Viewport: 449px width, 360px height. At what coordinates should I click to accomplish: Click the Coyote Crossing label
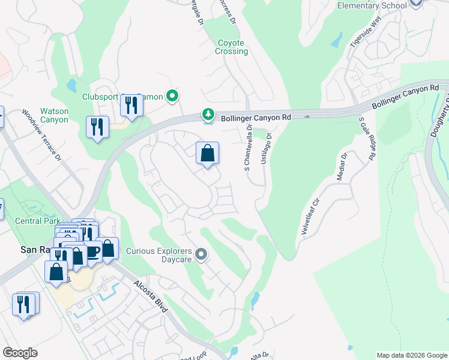[x=231, y=47]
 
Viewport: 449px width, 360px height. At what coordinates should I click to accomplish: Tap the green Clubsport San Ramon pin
[x=172, y=96]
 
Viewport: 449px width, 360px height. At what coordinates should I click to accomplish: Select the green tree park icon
[x=208, y=114]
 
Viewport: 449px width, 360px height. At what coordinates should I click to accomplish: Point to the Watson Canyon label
[x=54, y=115]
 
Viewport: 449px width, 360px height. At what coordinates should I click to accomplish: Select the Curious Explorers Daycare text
[x=159, y=256]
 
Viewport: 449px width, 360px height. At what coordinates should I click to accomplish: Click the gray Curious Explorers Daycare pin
[x=202, y=256]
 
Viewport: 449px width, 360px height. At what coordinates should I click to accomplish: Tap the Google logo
[x=20, y=353]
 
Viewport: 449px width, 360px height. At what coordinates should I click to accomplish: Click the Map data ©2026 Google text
[x=411, y=355]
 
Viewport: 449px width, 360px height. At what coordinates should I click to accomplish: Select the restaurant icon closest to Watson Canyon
[x=97, y=127]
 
